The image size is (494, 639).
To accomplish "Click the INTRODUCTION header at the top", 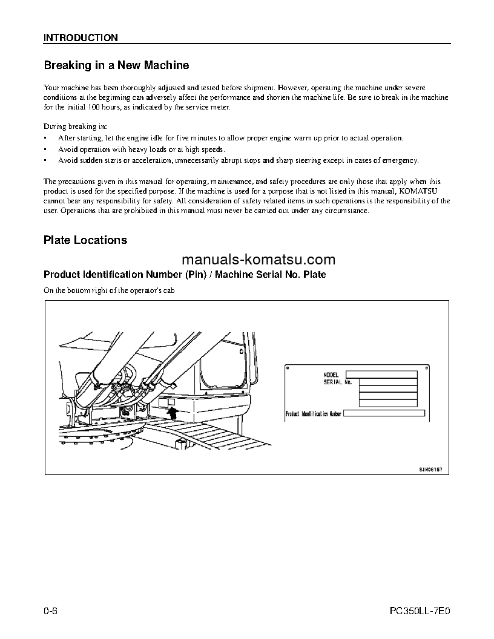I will point(81,38).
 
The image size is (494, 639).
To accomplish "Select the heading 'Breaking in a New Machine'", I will point(116,65).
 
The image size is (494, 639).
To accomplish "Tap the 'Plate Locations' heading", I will point(85,240).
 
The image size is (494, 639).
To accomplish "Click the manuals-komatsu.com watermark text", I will point(258,260).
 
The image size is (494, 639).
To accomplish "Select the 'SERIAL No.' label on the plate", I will point(338,382).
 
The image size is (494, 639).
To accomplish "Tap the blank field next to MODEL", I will point(381,375).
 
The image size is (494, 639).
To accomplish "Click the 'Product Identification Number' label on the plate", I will point(314,415).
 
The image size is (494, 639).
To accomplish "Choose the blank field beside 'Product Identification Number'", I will point(384,414).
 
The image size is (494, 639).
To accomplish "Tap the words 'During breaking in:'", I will point(75,127).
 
